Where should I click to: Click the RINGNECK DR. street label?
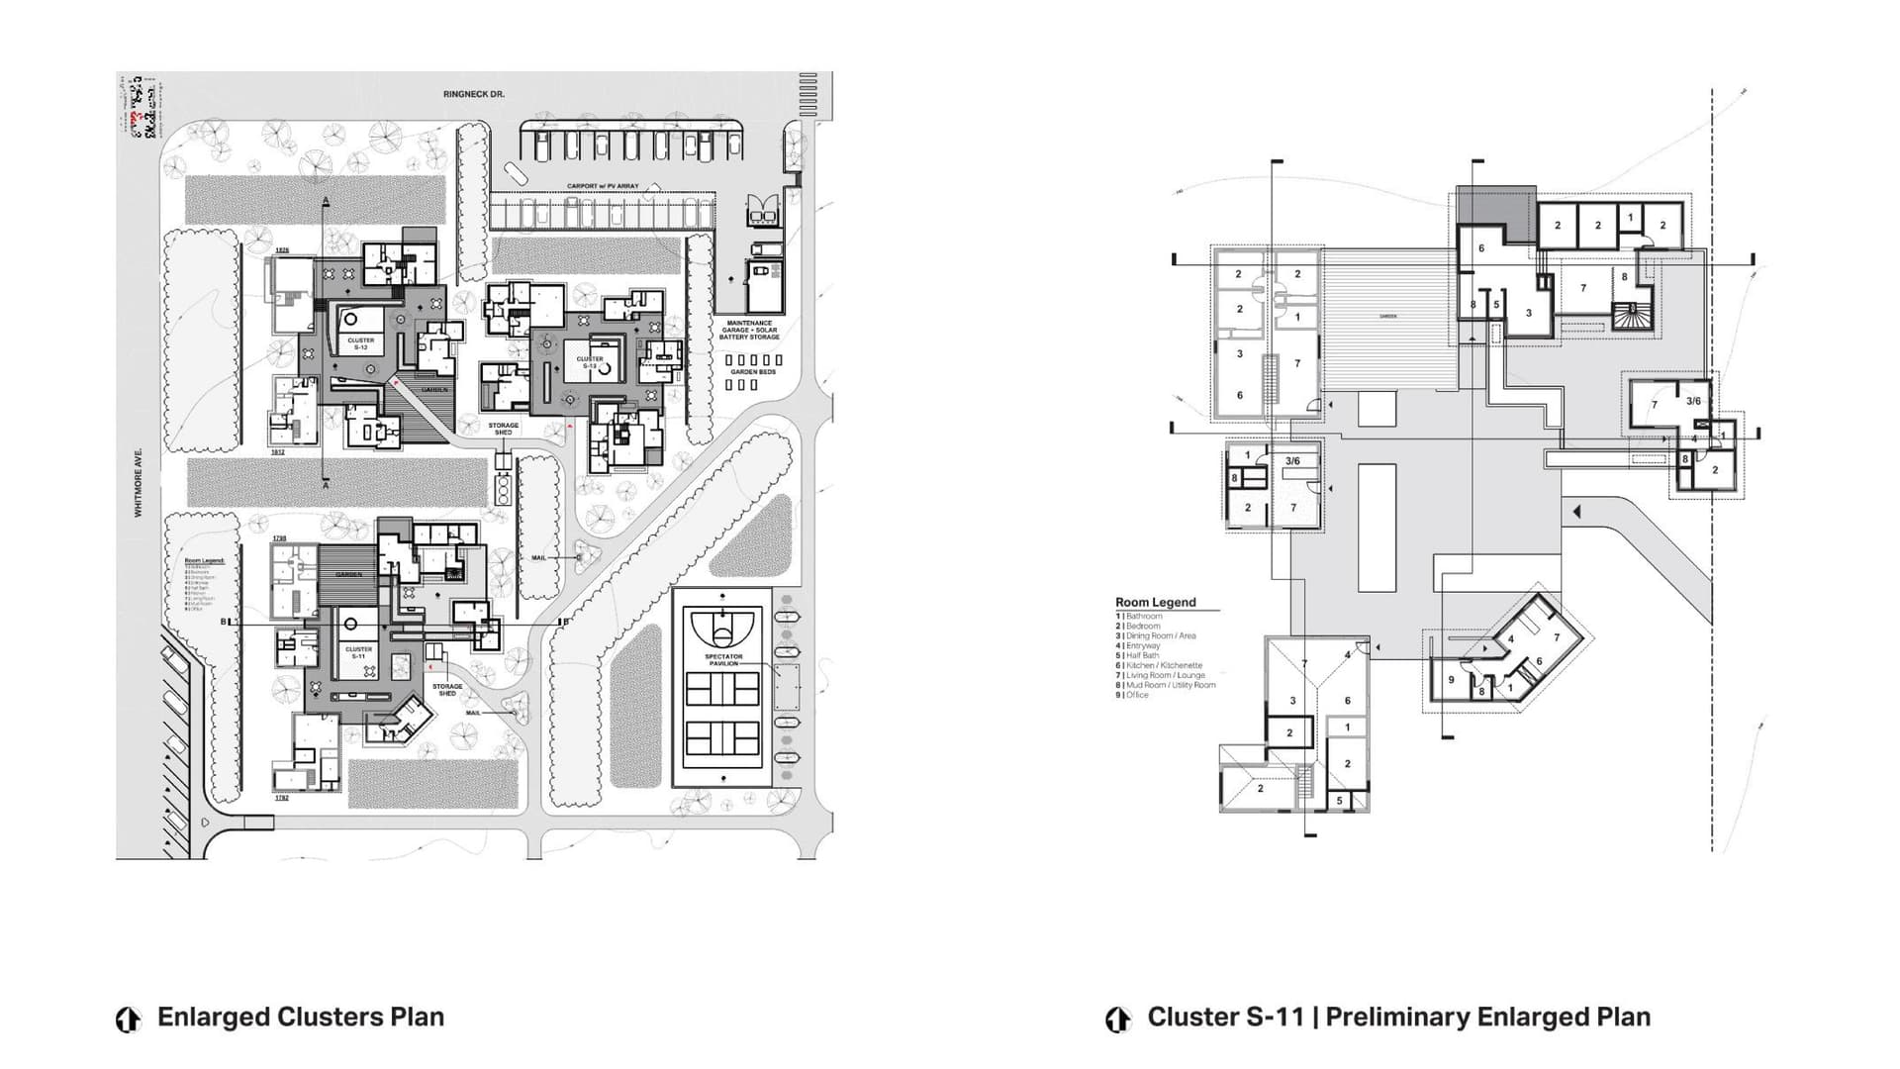pyautogui.click(x=474, y=94)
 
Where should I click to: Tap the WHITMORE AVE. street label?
pyautogui.click(x=139, y=481)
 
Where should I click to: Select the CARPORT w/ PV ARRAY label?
pyautogui.click(x=603, y=186)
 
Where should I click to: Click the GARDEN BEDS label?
pyautogui.click(x=753, y=372)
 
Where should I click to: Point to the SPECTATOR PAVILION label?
pyautogui.click(x=723, y=659)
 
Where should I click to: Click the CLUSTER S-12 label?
pyautogui.click(x=360, y=343)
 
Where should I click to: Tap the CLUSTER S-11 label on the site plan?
pyautogui.click(x=358, y=653)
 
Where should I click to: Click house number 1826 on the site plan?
pyautogui.click(x=281, y=250)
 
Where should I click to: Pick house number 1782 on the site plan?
pyautogui.click(x=281, y=797)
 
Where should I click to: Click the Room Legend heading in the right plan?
pyautogui.click(x=1155, y=602)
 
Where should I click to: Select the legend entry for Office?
pyautogui.click(x=1136, y=695)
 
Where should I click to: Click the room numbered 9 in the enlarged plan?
pyautogui.click(x=1451, y=680)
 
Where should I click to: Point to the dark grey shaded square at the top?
pyautogui.click(x=1494, y=205)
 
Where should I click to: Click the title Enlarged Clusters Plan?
pyautogui.click(x=300, y=1018)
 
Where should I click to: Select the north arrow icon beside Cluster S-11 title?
pyautogui.click(x=1118, y=1019)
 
